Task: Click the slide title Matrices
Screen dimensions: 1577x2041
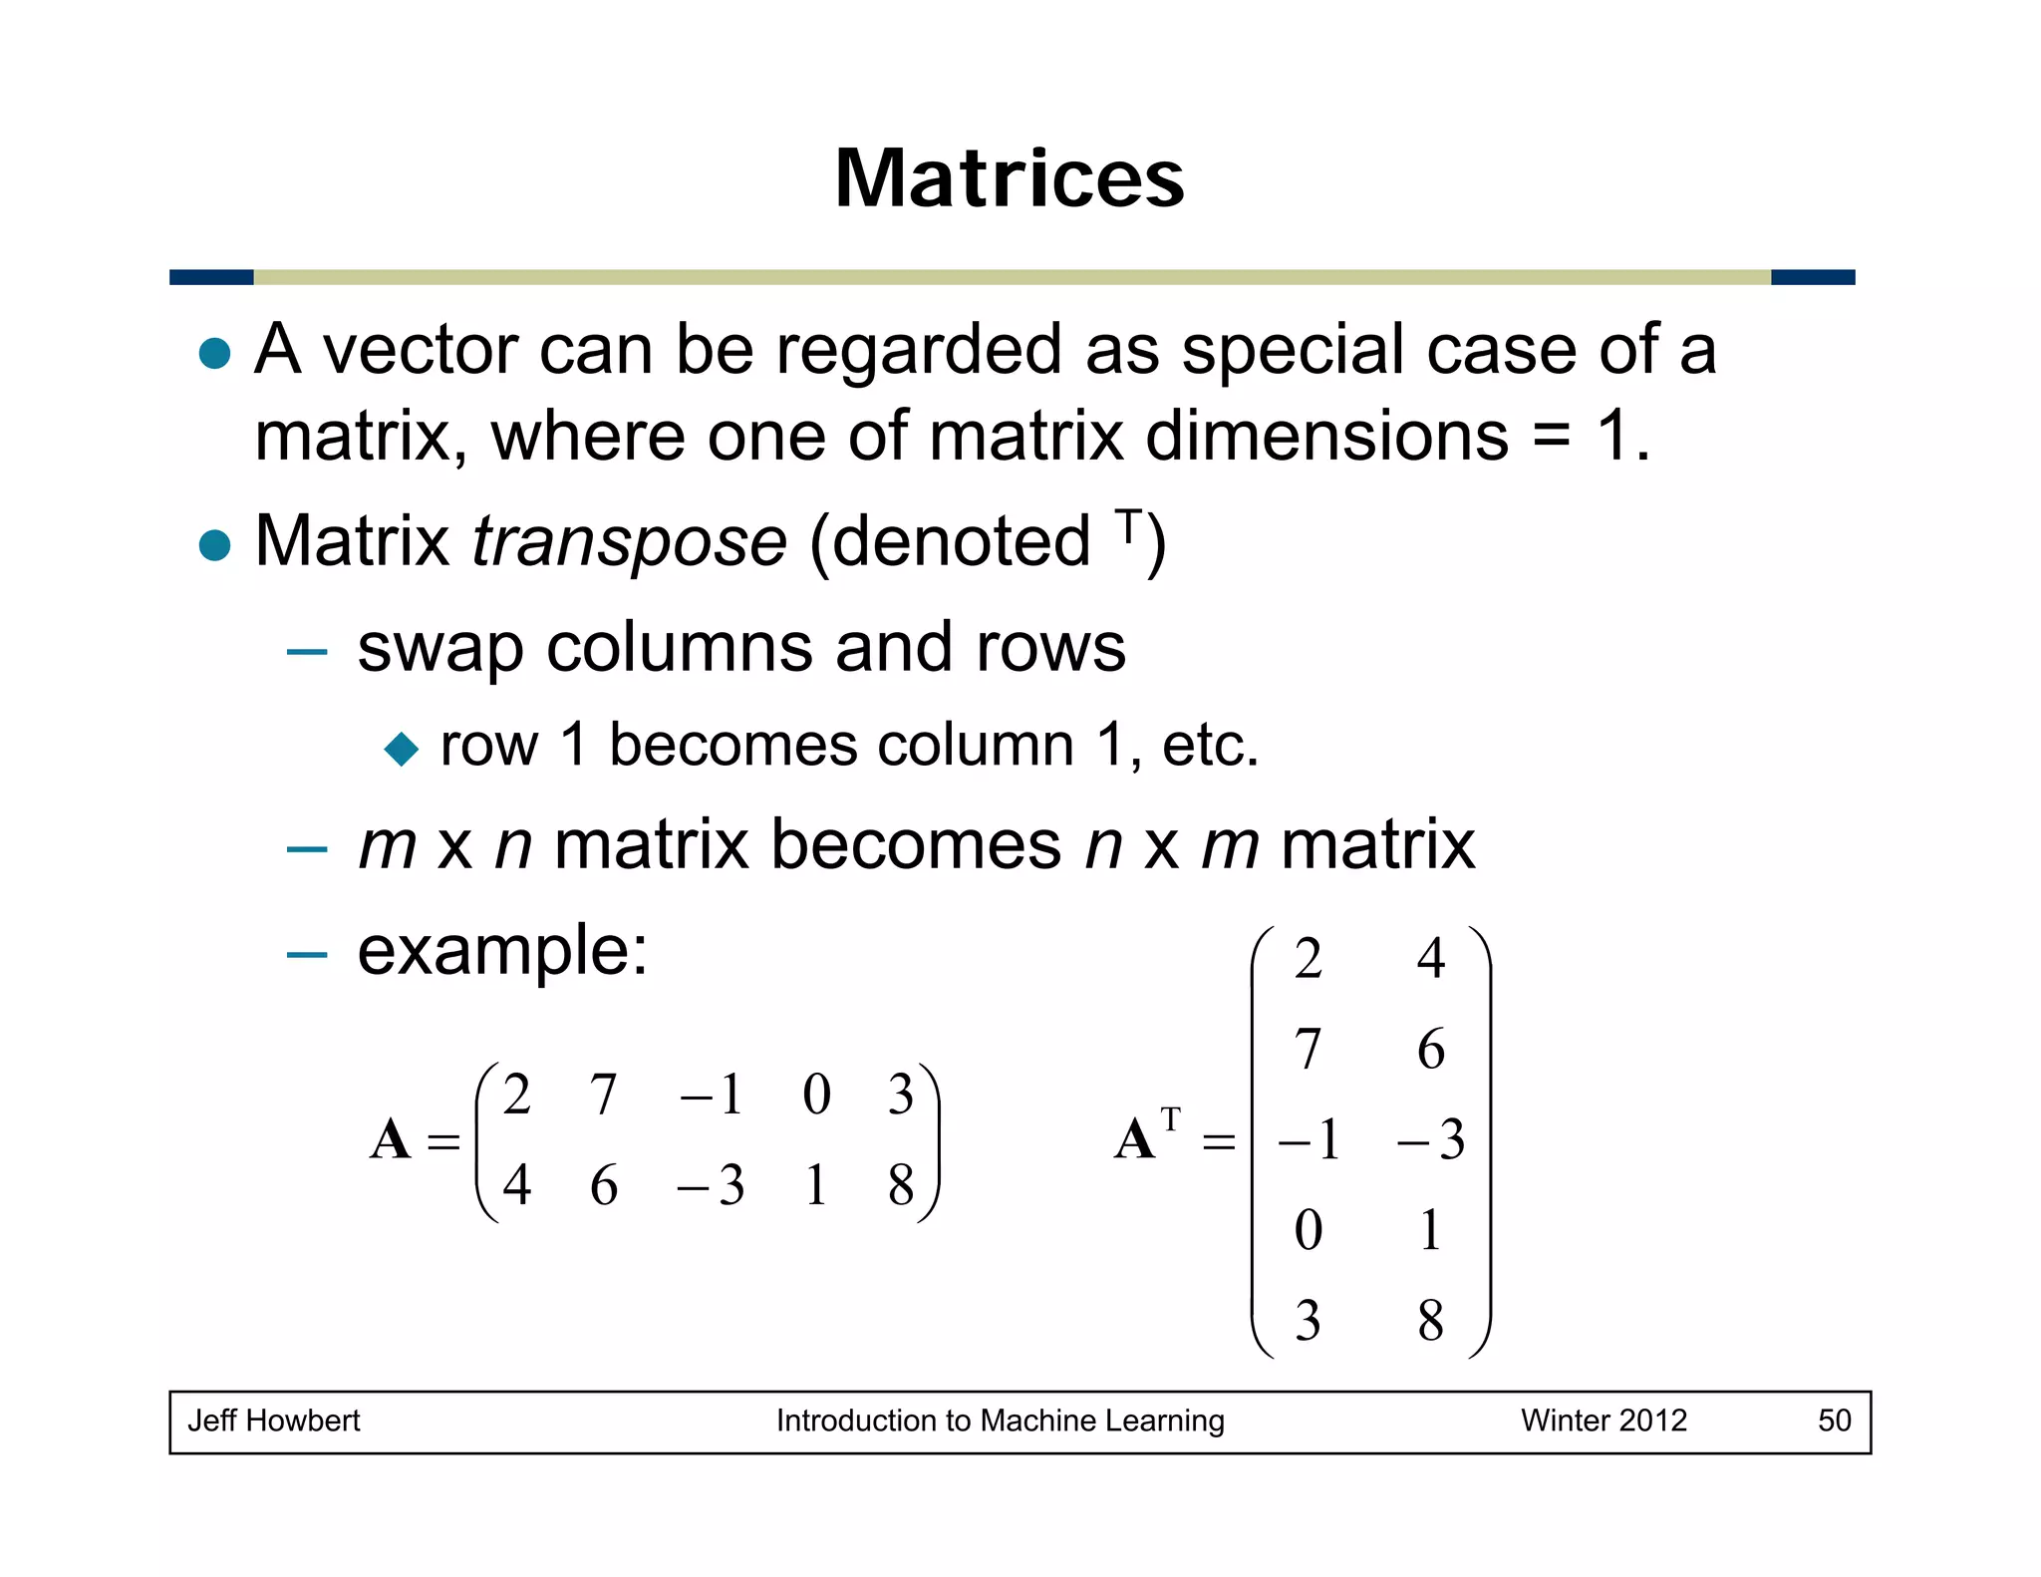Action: coord(1009,178)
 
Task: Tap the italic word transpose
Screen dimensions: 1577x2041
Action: coord(629,542)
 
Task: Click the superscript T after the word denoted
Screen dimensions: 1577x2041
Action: coord(1127,526)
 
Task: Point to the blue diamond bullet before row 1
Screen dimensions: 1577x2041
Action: coord(402,749)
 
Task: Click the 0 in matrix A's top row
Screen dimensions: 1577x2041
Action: coord(816,1095)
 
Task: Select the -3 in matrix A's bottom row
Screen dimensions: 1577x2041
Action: coord(711,1185)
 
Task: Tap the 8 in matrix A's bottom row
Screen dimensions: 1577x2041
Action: coord(901,1185)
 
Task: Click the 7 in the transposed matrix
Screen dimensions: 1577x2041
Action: coord(1308,1049)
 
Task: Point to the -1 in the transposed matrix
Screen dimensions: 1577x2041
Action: coord(1309,1139)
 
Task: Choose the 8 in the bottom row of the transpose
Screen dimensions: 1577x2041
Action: coord(1430,1321)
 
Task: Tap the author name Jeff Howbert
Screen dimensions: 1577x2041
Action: coord(274,1420)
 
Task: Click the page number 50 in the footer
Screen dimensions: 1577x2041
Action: coord(1834,1420)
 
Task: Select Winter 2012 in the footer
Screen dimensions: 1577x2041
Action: coord(1604,1420)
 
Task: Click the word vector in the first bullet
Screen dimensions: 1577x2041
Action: coord(420,351)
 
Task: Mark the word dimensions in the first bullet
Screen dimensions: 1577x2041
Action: coord(1326,437)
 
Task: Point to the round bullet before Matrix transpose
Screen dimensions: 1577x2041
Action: coord(215,545)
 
